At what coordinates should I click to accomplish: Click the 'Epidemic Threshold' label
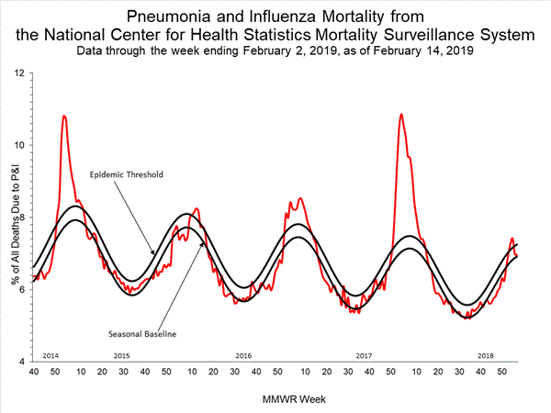pyautogui.click(x=126, y=173)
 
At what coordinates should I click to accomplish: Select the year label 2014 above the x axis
pyautogui.click(x=51, y=354)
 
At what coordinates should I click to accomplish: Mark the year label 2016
pyautogui.click(x=243, y=354)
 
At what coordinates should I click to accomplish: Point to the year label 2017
pyautogui.click(x=364, y=354)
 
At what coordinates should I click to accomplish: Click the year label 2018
pyautogui.click(x=485, y=354)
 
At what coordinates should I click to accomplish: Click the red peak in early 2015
pyautogui.click(x=64, y=117)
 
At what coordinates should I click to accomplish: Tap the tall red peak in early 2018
pyautogui.click(x=401, y=115)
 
